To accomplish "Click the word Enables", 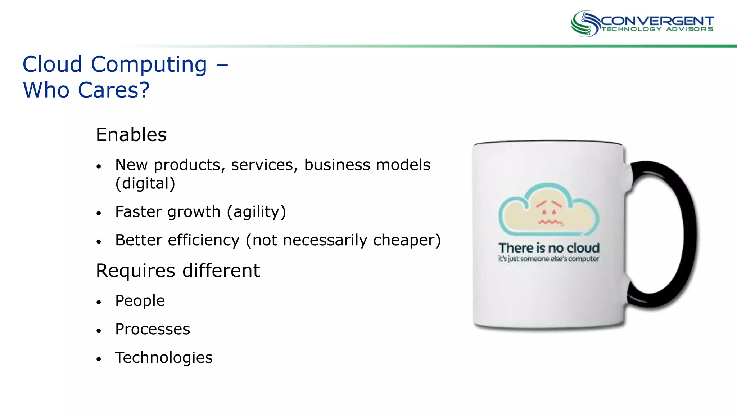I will pyautogui.click(x=131, y=135).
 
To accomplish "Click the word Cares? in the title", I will pyautogui.click(x=113, y=90).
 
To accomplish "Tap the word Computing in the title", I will pyautogui.click(x=149, y=64).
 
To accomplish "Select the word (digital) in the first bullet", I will pyautogui.click(x=145, y=183).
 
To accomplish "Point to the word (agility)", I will pyautogui.click(x=256, y=212).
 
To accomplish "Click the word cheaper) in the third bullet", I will pyautogui.click(x=407, y=240).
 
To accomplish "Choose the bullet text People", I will pyautogui.click(x=140, y=301).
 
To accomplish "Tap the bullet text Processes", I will pyautogui.click(x=152, y=329).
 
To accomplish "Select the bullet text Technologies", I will pyautogui.click(x=164, y=358).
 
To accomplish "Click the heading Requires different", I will pyautogui.click(x=178, y=271).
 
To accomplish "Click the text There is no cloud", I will pyautogui.click(x=549, y=248).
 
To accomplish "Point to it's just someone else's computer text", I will pyautogui.click(x=548, y=259).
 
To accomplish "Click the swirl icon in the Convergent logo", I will pyautogui.click(x=585, y=23).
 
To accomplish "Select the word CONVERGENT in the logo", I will pyautogui.click(x=657, y=21).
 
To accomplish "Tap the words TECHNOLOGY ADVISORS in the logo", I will pyautogui.click(x=657, y=29).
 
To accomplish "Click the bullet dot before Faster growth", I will pyautogui.click(x=99, y=213).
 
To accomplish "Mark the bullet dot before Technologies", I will pyautogui.click(x=99, y=359).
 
